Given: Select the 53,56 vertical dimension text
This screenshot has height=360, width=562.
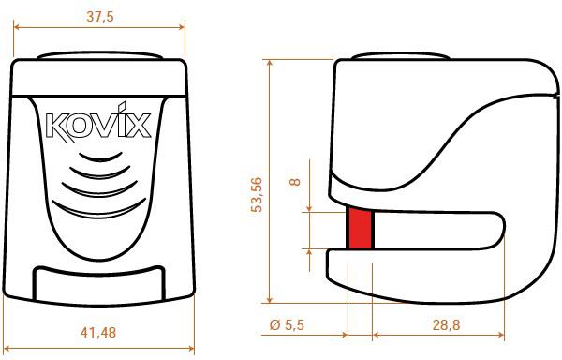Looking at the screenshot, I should pos(257,191).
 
